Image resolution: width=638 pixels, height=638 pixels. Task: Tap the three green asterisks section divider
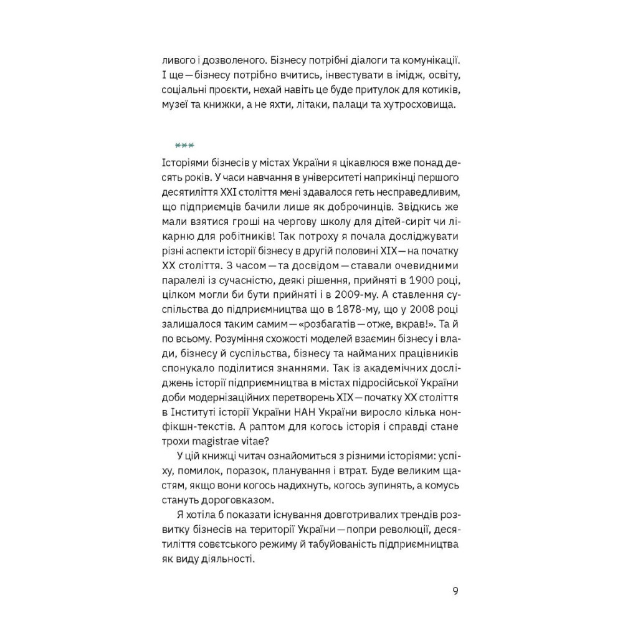(185, 146)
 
